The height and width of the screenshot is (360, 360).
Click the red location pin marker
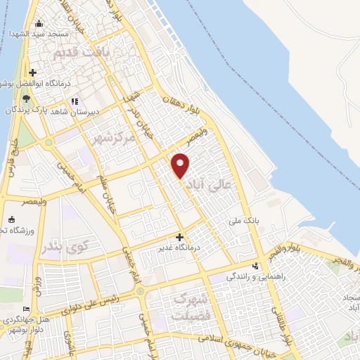tap(181, 165)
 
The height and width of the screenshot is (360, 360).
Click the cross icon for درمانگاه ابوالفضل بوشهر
tap(33, 72)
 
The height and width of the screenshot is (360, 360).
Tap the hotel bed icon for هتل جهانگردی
tap(27, 309)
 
